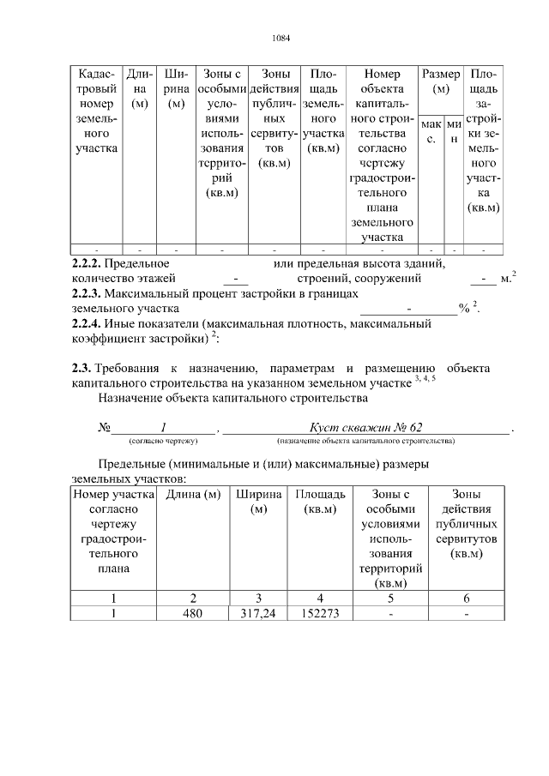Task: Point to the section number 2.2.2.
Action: [x=87, y=263]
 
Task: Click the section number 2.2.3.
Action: [x=87, y=293]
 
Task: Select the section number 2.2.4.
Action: [x=87, y=323]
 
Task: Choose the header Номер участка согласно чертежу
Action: [x=113, y=531]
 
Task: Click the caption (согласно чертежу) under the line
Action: [x=163, y=441]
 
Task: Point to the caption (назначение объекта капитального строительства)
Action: [x=365, y=441]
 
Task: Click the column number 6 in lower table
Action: [x=467, y=599]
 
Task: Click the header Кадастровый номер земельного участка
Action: [x=96, y=112]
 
